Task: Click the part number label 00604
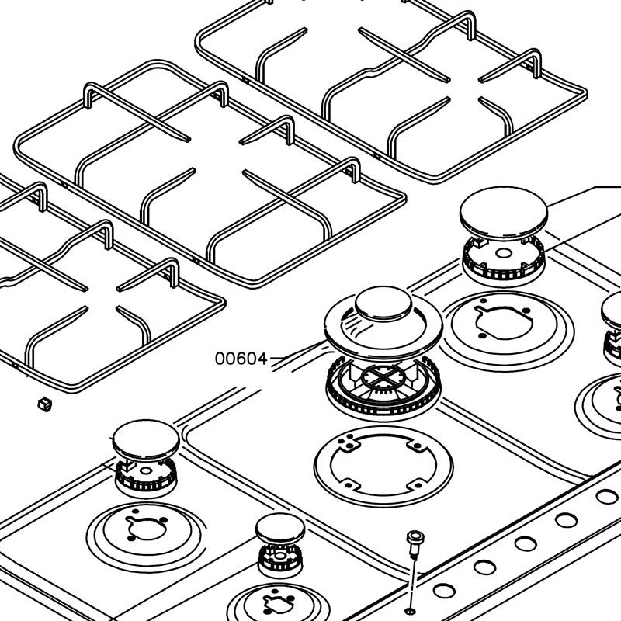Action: click(241, 359)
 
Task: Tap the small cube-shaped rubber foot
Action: click(45, 404)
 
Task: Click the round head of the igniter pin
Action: click(415, 537)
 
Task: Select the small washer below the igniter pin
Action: click(411, 612)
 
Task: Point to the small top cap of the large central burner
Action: click(383, 303)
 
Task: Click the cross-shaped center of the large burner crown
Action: click(383, 376)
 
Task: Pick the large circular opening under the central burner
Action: click(383, 466)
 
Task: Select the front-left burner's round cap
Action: click(146, 440)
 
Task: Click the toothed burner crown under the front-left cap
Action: click(146, 478)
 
